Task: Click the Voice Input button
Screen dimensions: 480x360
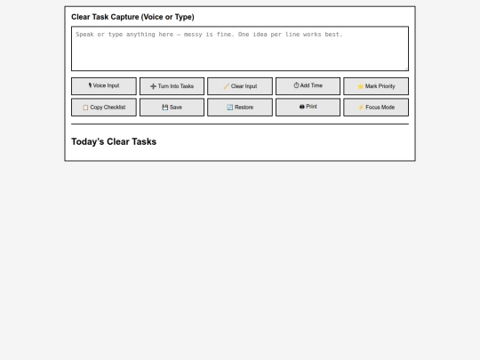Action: coord(104,86)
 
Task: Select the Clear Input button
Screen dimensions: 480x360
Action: coord(240,86)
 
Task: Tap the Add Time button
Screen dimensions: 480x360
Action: coord(308,86)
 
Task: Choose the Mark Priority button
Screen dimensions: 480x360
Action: coord(376,86)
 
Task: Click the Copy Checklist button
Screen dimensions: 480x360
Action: coord(104,108)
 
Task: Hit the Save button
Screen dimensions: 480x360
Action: coord(172,108)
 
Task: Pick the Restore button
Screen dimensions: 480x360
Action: coord(240,108)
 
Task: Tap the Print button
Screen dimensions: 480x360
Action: coord(308,108)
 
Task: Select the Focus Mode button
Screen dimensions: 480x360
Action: coord(376,108)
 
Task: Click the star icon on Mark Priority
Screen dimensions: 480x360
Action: coord(361,86)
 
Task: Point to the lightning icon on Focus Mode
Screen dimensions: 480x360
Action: coord(361,108)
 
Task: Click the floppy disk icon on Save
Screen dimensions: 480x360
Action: coord(165,108)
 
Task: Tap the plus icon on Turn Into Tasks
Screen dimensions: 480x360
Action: coord(154,86)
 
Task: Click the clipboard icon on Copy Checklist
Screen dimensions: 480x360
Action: coord(85,108)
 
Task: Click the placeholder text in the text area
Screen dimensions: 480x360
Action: coord(210,35)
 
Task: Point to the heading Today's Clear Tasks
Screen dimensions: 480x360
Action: coord(114,141)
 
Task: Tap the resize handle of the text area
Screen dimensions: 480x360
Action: coord(406,68)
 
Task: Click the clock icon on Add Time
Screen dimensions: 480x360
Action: coord(296,85)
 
